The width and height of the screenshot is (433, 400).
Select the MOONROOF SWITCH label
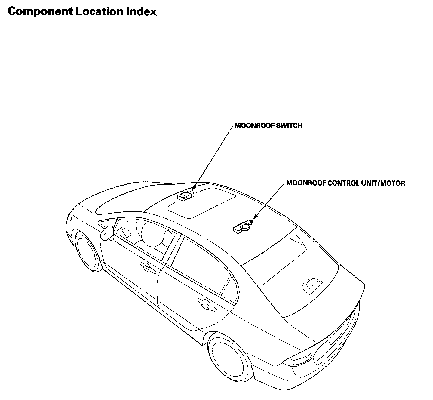coord(268,126)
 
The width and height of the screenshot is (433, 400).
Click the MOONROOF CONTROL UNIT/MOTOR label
coord(345,183)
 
